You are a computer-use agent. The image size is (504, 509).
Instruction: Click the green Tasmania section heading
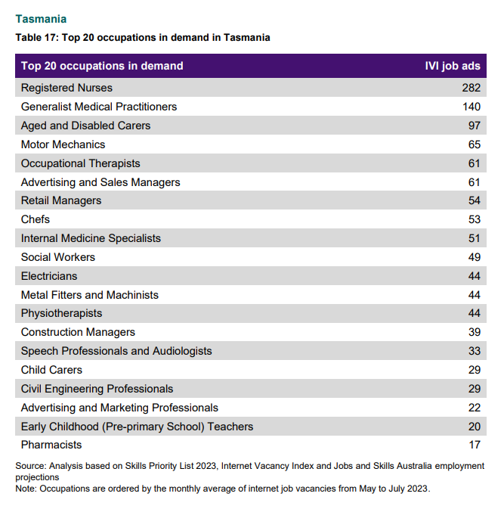(41, 19)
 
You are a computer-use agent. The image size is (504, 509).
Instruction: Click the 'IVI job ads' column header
(453, 66)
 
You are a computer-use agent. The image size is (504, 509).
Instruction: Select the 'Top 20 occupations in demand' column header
(102, 66)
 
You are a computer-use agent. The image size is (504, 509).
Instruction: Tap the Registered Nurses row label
(66, 88)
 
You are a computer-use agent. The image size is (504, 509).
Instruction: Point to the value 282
(472, 88)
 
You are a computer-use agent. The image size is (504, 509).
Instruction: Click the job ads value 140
(472, 107)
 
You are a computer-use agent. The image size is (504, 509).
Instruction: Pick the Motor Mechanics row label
(63, 144)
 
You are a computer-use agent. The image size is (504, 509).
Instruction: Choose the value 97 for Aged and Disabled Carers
(475, 126)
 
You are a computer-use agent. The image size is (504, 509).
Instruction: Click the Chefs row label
(36, 219)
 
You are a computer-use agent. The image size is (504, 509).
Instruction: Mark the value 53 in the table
(475, 219)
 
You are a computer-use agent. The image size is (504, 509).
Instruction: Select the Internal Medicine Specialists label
(91, 238)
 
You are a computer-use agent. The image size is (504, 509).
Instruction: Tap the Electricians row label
(49, 276)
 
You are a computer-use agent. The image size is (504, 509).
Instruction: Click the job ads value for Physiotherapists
(475, 313)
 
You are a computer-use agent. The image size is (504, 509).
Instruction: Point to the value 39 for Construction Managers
(475, 332)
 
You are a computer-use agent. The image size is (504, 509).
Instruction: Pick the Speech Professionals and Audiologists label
(116, 351)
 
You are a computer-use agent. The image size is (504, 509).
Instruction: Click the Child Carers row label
(51, 370)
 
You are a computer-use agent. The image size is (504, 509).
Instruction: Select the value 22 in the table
(475, 408)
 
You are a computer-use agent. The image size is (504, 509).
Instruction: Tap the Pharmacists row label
(51, 445)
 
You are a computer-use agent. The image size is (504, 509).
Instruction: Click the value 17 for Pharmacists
(475, 445)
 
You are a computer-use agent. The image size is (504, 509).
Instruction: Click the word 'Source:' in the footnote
(31, 466)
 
